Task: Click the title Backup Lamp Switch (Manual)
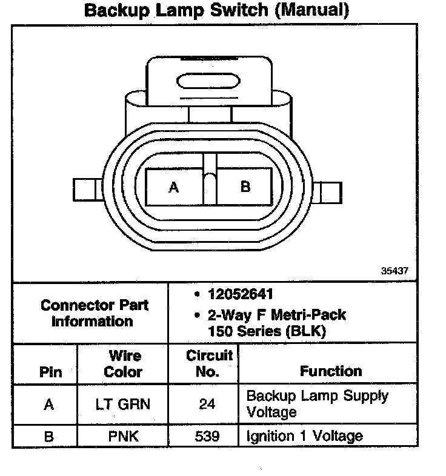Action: pos(216,10)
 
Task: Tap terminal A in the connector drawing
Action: pos(174,187)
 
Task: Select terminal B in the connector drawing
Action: pos(245,187)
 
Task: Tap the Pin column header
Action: pos(50,372)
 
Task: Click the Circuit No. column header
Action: pos(207,364)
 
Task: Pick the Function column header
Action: pos(331,371)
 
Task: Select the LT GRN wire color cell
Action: pos(123,404)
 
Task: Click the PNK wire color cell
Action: pos(123,436)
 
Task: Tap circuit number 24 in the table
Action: pos(207,404)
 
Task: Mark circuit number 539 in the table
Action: pos(207,436)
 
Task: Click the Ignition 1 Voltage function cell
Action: pos(304,436)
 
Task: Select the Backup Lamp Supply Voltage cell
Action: pos(317,404)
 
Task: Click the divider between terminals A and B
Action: pos(210,181)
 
